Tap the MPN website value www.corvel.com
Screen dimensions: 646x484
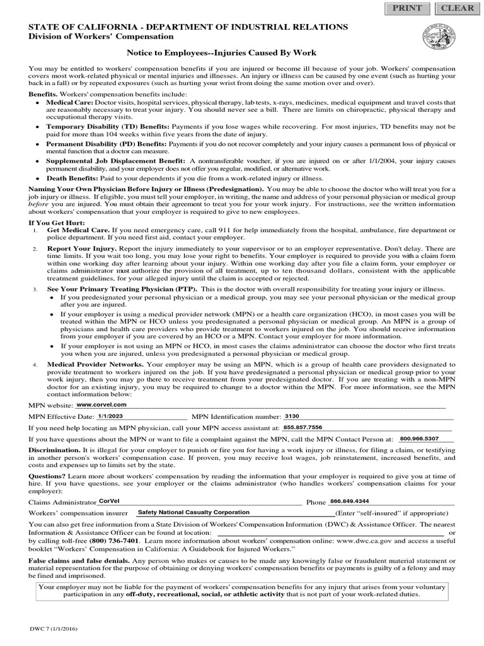coord(101,404)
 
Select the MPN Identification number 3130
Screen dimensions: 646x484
coord(292,416)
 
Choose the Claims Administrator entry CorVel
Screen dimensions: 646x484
coord(109,501)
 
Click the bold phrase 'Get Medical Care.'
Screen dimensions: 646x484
coord(79,231)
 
